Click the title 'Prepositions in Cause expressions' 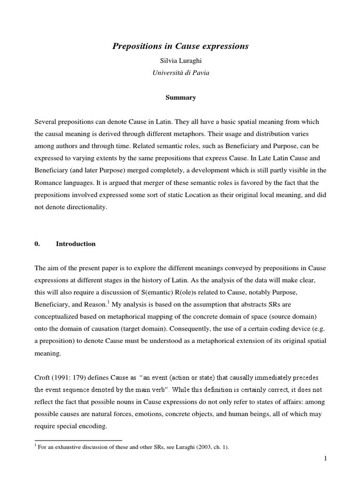181,46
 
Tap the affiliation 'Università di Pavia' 181,73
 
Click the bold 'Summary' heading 181,98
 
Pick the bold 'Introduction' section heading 75,244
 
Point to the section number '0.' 38,244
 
